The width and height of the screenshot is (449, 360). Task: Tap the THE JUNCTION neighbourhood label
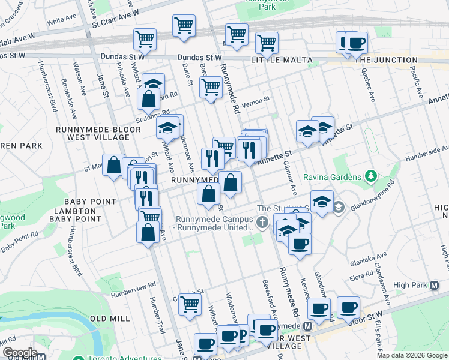387,60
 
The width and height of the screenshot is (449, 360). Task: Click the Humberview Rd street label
133,286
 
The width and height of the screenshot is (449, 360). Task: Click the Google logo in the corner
20,353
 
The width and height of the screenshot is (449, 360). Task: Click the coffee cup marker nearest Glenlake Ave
299,243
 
